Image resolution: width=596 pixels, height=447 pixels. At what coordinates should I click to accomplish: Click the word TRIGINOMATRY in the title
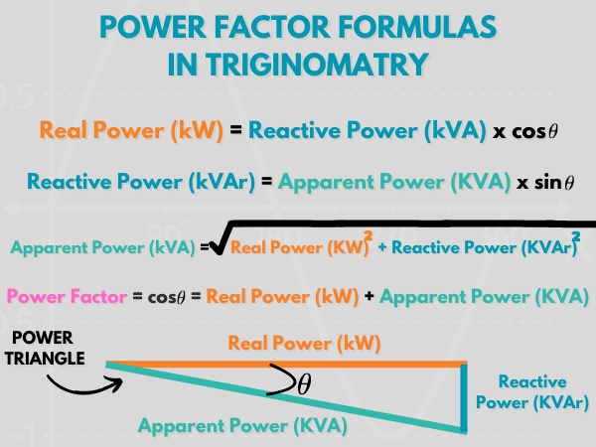(317, 64)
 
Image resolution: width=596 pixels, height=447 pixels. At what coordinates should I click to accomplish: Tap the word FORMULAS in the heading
(417, 27)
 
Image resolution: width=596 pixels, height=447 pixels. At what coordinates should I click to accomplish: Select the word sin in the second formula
(548, 183)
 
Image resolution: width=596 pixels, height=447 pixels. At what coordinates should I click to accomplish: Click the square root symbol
(221, 239)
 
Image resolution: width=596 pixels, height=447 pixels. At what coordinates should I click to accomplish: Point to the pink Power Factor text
(67, 296)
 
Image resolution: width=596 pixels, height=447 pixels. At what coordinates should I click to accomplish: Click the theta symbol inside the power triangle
(304, 383)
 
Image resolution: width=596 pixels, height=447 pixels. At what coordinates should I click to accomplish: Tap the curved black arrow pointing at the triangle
(84, 384)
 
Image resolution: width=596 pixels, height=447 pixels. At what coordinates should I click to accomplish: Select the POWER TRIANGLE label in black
(44, 348)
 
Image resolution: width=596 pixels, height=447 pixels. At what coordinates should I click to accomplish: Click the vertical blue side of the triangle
(464, 397)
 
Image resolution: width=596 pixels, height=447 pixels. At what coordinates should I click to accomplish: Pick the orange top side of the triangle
(287, 365)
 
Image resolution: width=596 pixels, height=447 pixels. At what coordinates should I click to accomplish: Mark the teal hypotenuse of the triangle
(286, 398)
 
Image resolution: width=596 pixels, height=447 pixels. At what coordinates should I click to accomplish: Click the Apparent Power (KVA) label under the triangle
(242, 425)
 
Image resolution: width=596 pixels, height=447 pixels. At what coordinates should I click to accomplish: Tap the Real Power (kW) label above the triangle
(304, 344)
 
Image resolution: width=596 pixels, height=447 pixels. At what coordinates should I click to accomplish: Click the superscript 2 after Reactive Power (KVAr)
(576, 236)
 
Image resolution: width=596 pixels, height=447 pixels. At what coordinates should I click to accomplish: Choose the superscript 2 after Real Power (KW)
(368, 236)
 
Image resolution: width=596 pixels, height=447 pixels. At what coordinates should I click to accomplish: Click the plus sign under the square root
(382, 247)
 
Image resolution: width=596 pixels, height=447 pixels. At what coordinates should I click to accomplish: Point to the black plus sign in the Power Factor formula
(369, 296)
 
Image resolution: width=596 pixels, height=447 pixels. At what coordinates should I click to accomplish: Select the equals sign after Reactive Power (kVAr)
(267, 182)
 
